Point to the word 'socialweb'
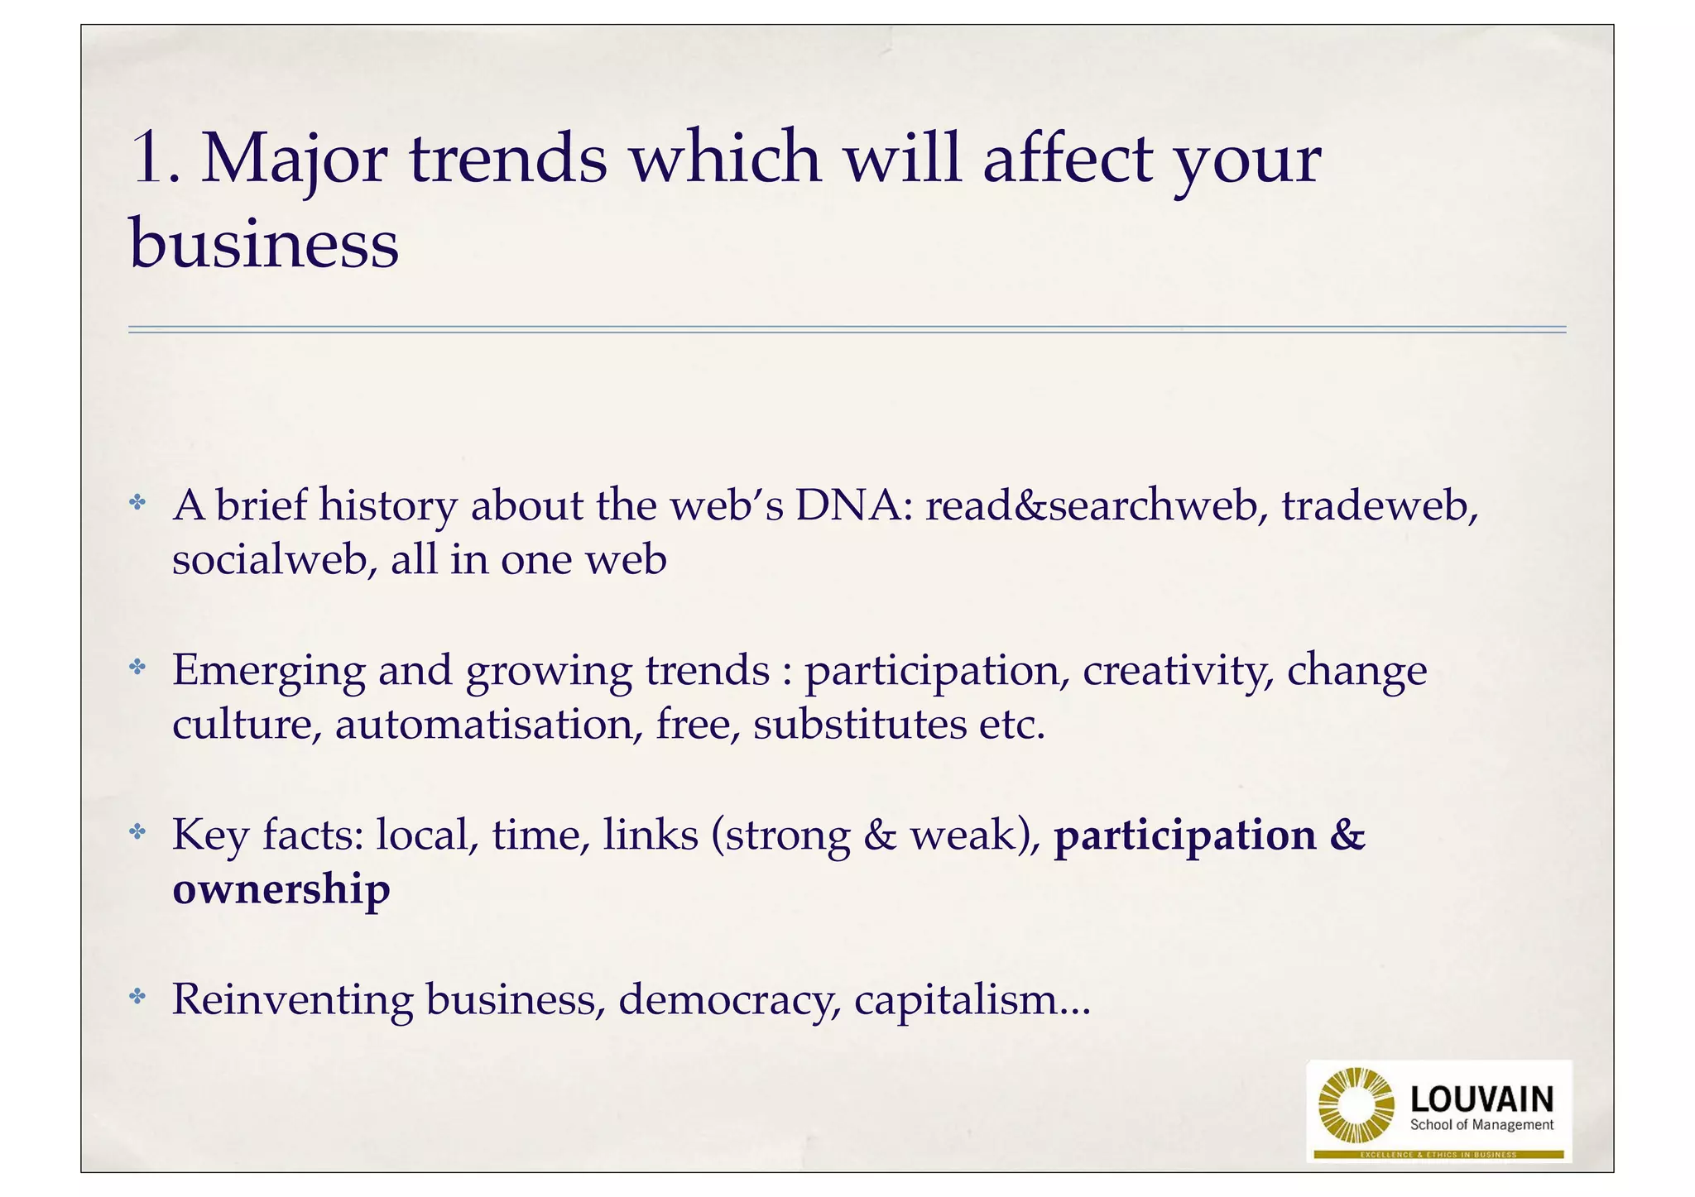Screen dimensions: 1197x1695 pos(270,559)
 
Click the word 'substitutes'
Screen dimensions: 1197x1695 pos(859,725)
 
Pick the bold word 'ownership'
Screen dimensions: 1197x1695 pos(281,889)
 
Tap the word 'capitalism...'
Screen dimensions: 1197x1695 pos(972,999)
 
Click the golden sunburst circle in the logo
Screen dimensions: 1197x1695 pos(1355,1105)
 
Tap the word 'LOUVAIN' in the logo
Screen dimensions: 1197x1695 pos(1481,1099)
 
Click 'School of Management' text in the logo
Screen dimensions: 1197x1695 pos(1481,1125)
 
